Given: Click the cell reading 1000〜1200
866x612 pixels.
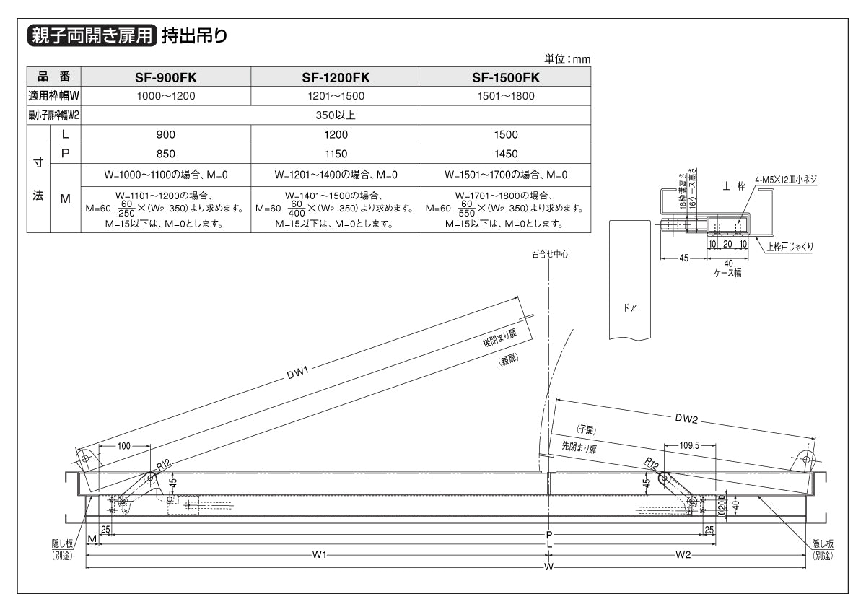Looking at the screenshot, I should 166,95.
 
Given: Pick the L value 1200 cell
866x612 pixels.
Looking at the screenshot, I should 336,135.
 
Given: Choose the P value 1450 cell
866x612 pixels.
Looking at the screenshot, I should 506,154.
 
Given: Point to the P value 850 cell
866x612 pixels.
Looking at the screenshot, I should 166,154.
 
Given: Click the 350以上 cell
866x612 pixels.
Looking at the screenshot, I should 336,115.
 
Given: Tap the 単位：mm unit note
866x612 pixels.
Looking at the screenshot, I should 567,59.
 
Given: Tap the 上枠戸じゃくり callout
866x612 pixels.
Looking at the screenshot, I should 790,246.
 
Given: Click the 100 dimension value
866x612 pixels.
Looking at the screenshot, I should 124,447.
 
